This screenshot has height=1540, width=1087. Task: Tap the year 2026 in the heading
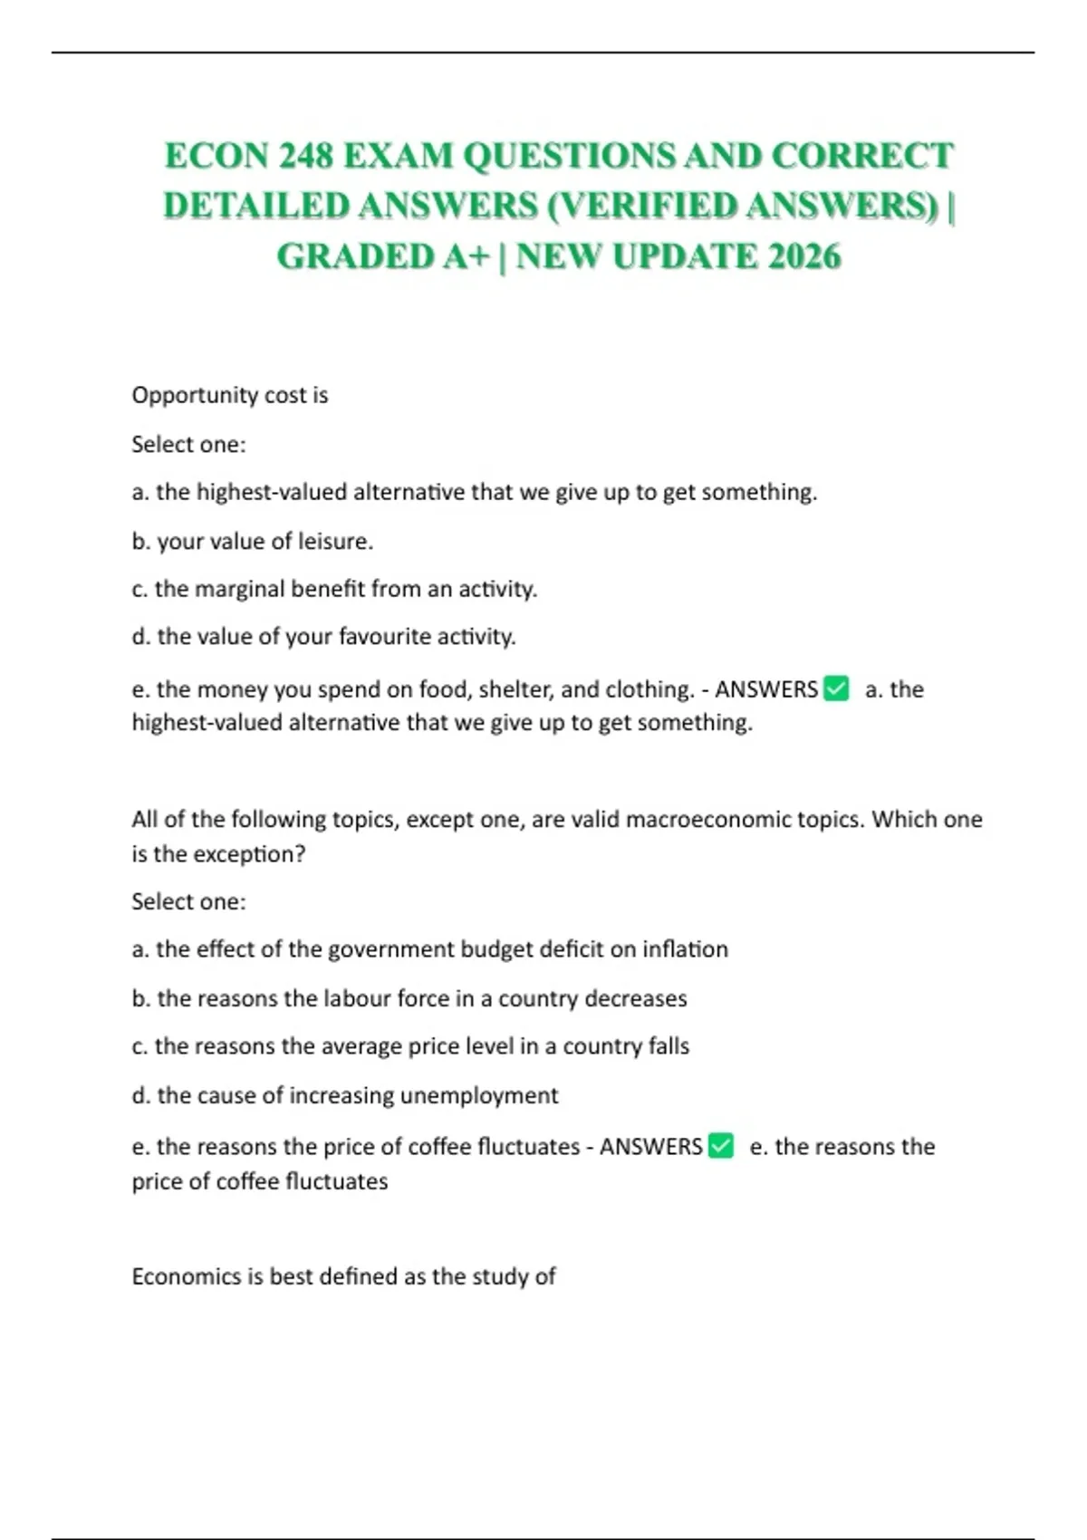[803, 256]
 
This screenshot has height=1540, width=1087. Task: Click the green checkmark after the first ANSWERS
[837, 689]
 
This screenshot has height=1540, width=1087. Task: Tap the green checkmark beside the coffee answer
[721, 1146]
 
